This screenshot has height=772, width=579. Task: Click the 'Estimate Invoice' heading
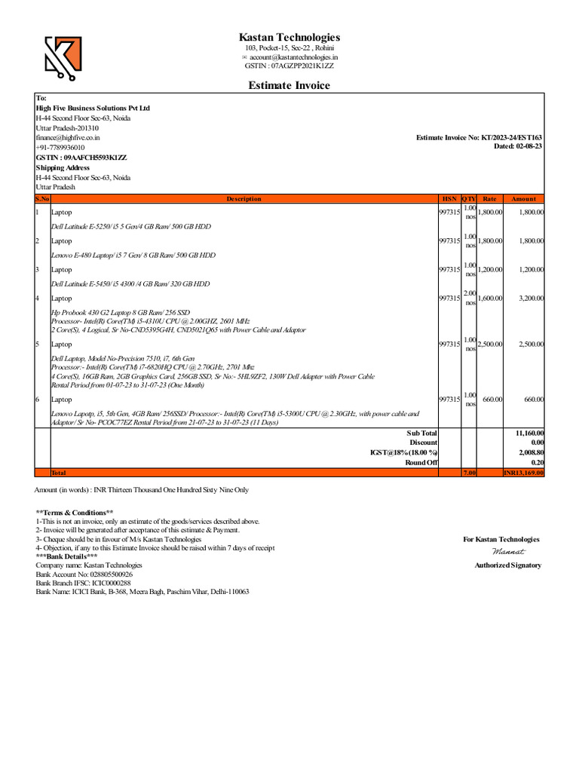(289, 85)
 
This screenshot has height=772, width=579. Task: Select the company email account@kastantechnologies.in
(293, 57)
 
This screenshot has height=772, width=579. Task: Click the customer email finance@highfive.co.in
(68, 138)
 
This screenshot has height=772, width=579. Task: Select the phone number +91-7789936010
(60, 148)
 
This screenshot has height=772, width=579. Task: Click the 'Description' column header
(244, 199)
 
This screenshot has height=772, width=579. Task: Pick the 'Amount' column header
(523, 199)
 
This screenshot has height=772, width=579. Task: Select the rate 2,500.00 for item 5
(490, 344)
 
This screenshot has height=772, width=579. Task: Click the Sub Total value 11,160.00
(529, 433)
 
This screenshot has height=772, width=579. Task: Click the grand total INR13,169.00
(523, 473)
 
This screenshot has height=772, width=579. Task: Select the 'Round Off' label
(421, 462)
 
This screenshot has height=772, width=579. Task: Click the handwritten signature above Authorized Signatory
(507, 553)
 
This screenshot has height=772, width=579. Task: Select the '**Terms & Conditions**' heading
(74, 512)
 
